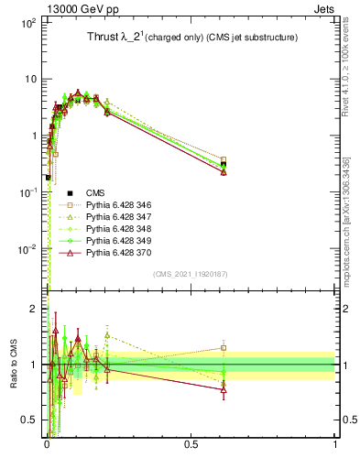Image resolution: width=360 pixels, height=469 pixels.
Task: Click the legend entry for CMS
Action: click(x=95, y=192)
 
